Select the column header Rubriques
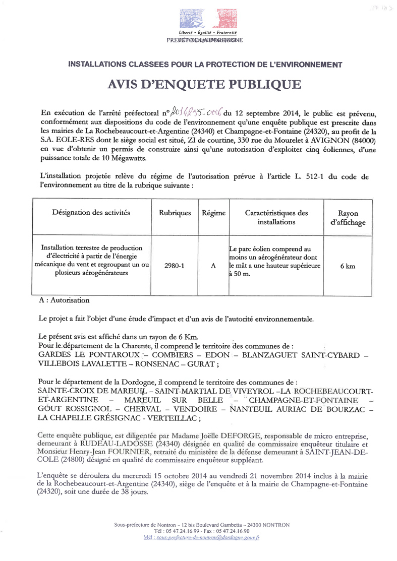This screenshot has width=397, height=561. pos(175,213)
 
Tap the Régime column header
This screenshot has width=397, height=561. pos(213,213)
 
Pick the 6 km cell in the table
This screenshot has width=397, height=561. pos(347,265)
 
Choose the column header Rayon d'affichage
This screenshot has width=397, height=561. pos(348,217)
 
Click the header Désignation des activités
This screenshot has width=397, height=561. pos(91,213)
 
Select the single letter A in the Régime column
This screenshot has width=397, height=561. pos(213,265)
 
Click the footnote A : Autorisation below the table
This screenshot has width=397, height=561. pos(64,300)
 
